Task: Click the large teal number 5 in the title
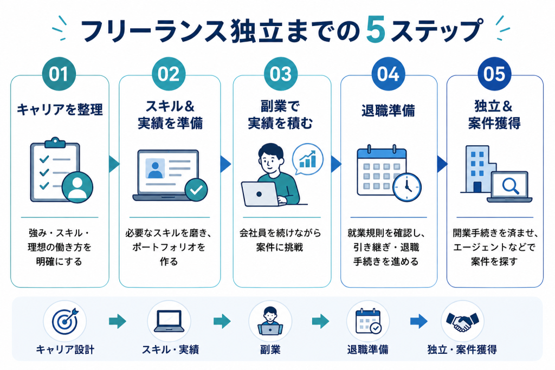coord(376,30)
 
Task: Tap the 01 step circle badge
coord(59,74)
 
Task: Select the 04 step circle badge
coord(388,74)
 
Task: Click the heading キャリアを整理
coord(60,109)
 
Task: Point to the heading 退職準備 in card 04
coord(388,111)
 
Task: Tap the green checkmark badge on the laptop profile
coord(196,190)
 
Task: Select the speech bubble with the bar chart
coord(308,159)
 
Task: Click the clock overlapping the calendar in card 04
coord(407,187)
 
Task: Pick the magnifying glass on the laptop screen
coord(511,186)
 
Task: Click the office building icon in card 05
coord(478,169)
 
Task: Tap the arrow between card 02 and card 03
coord(225,164)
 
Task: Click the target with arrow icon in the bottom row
coord(65,321)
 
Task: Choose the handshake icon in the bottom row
coord(462,321)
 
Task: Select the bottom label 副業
coord(270,350)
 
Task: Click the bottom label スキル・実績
coord(170,350)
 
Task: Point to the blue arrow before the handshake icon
coord(419,321)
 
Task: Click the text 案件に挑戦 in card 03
coord(280,247)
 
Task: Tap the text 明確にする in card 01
coord(59,262)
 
